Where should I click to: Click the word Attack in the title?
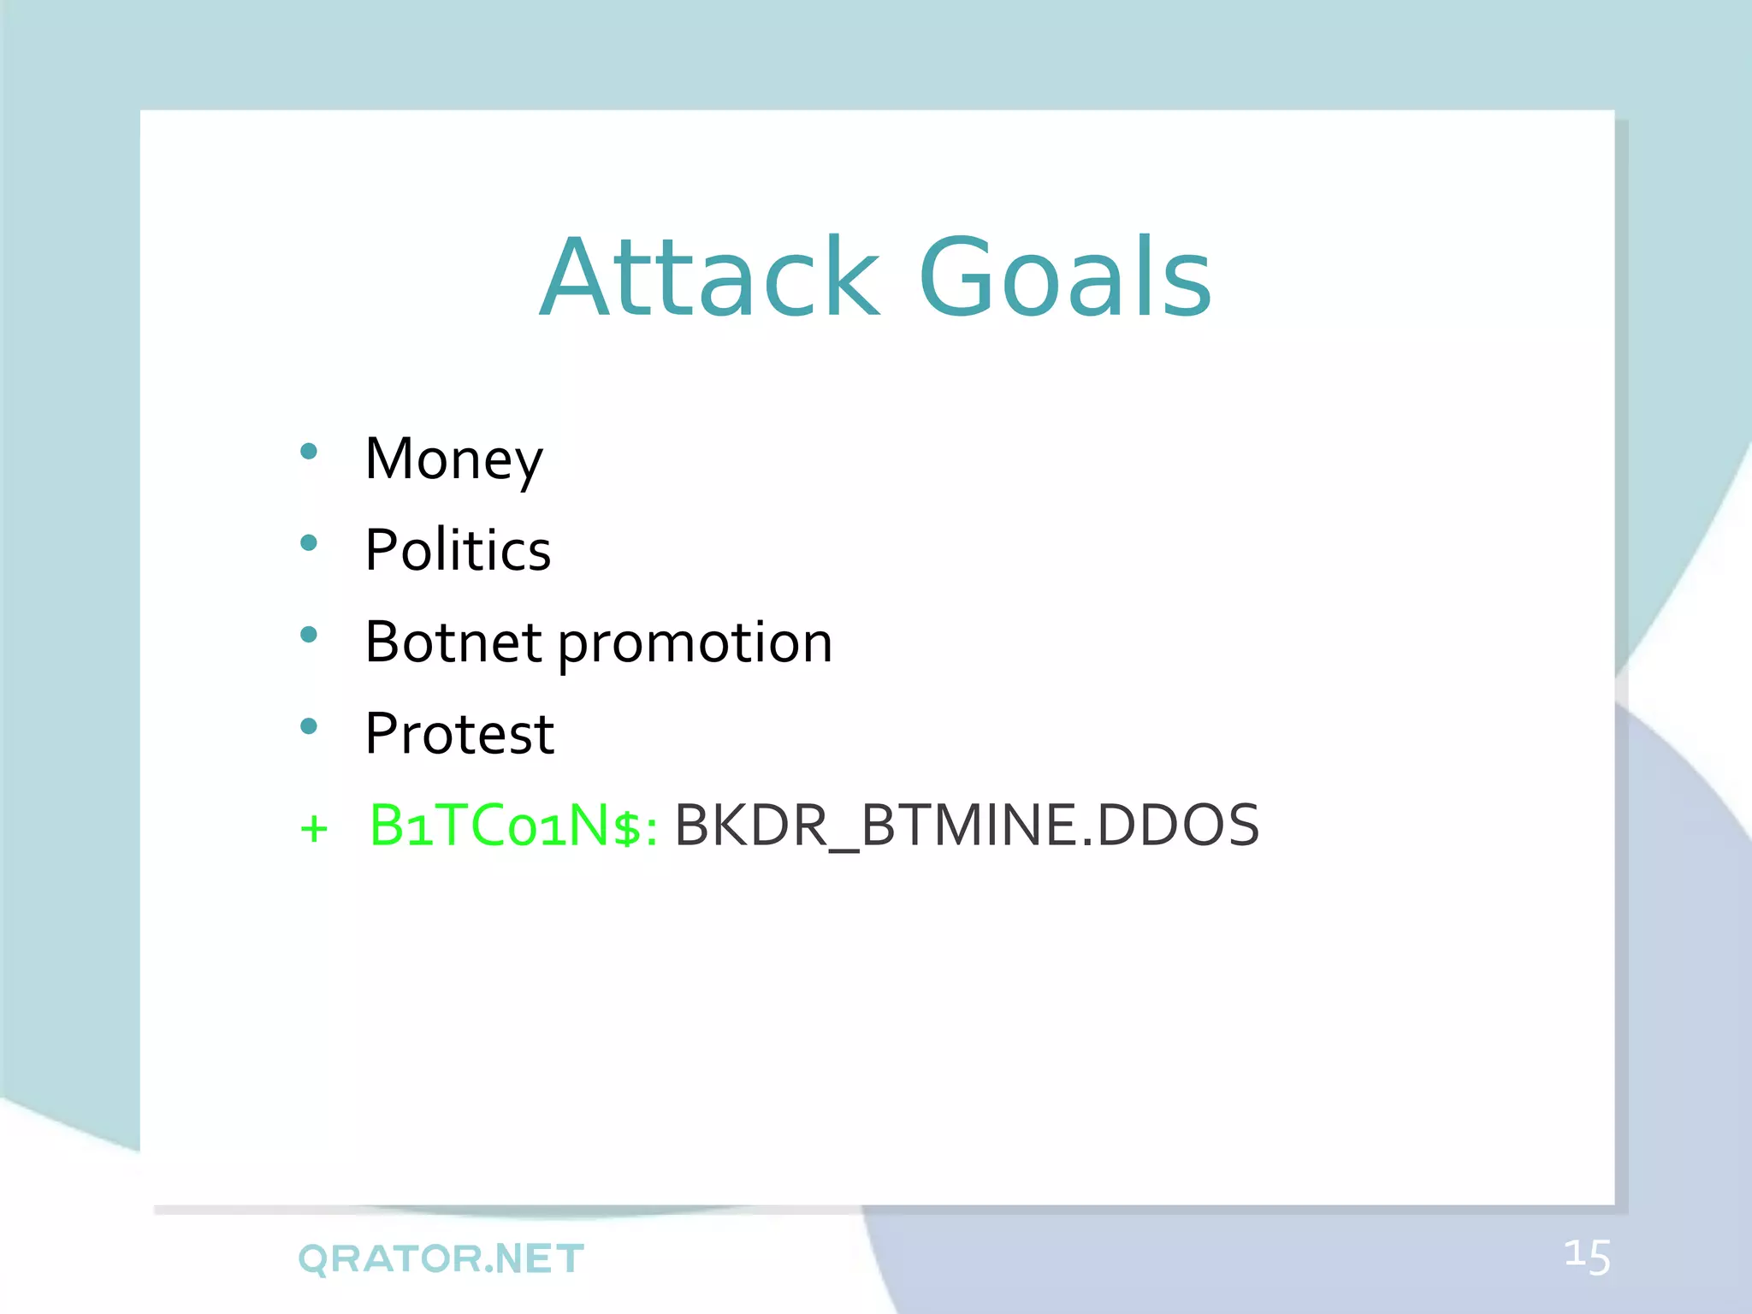click(x=709, y=278)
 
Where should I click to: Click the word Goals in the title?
click(x=1064, y=278)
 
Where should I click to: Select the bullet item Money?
click(x=453, y=459)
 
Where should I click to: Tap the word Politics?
click(x=458, y=550)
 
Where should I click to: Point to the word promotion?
click(x=695, y=643)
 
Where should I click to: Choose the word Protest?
click(x=459, y=734)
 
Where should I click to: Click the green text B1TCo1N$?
click(x=513, y=826)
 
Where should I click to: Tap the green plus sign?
click(x=314, y=828)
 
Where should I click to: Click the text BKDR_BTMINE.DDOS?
click(x=967, y=826)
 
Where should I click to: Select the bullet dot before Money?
click(x=309, y=452)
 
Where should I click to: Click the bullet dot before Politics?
click(x=309, y=542)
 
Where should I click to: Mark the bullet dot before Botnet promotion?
click(x=309, y=634)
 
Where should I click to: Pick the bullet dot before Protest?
click(x=309, y=726)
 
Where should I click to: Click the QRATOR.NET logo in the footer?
click(x=441, y=1258)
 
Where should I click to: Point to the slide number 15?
click(x=1587, y=1258)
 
